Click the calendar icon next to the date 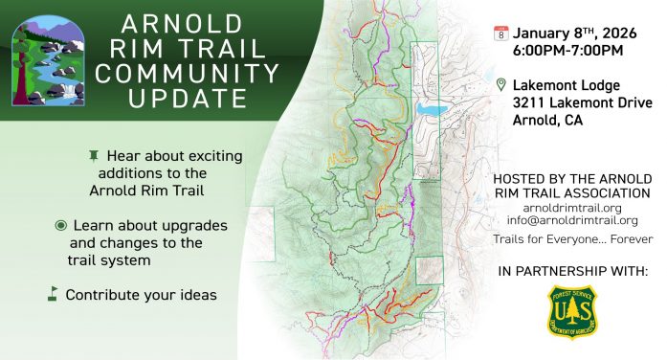500,33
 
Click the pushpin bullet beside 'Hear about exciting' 93,154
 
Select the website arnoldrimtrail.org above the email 573,206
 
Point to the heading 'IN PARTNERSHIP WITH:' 572,272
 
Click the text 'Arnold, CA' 546,122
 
